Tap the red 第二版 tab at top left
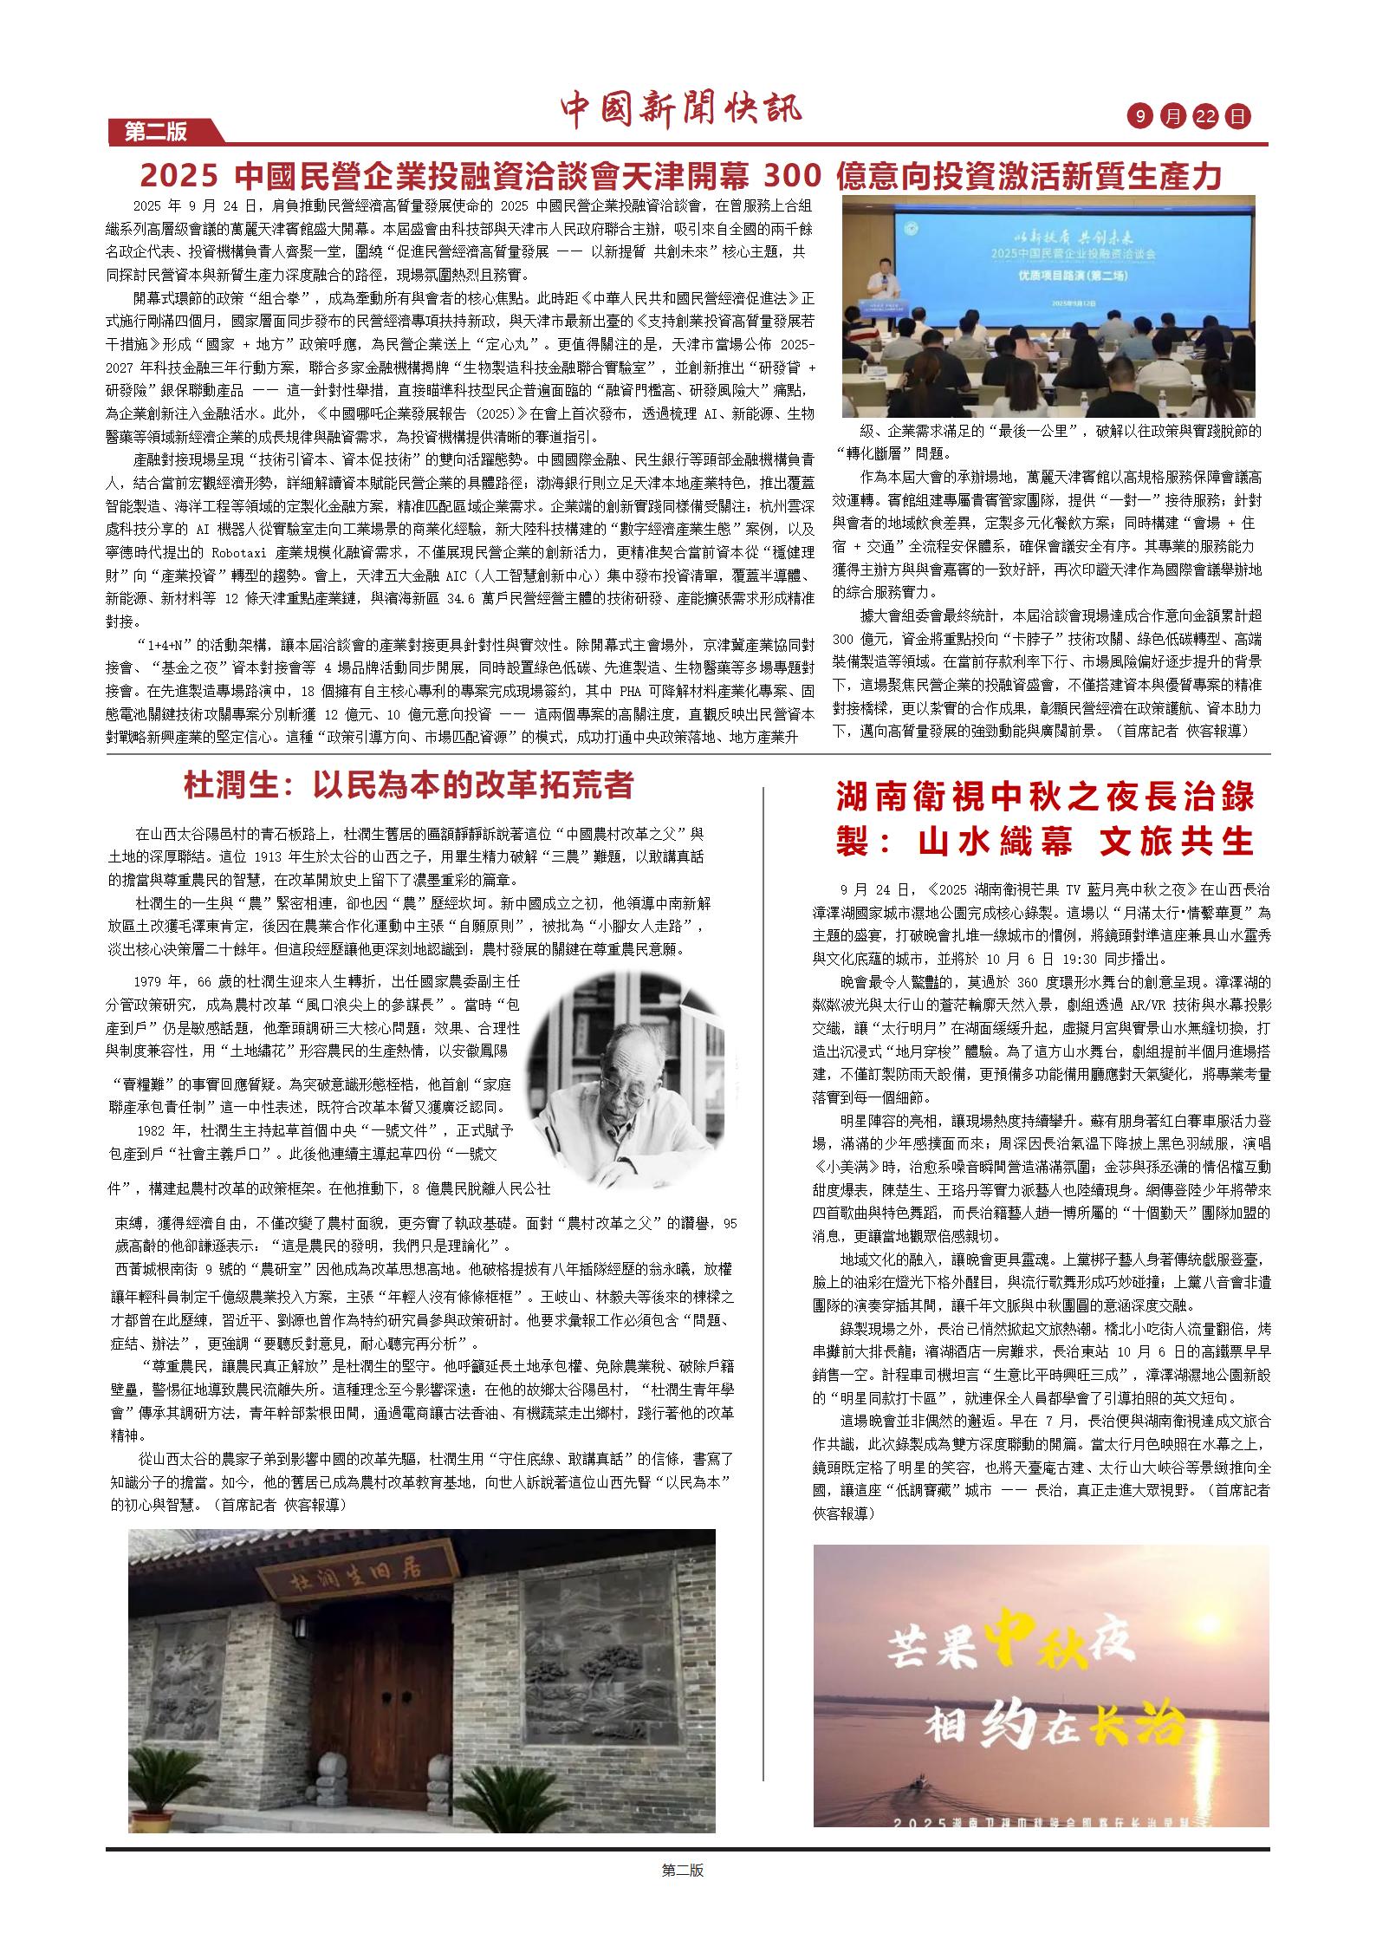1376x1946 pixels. click(157, 132)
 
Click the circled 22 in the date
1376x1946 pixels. click(1204, 116)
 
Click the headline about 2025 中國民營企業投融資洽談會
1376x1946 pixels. click(680, 176)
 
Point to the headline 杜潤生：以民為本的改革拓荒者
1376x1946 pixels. click(409, 785)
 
